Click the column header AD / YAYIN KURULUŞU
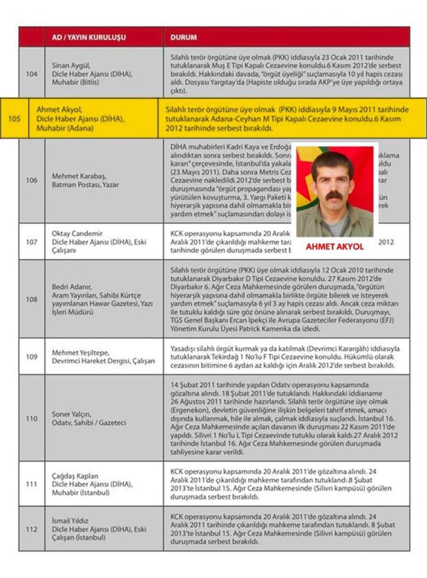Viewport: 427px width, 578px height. tap(89, 37)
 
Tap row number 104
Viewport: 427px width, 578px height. tap(31, 74)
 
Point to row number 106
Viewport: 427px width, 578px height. tap(31, 180)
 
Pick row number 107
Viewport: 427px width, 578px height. tap(31, 241)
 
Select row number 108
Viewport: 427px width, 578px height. tap(31, 299)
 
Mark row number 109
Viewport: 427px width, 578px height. tap(31, 356)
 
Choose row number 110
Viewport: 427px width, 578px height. tap(31, 419)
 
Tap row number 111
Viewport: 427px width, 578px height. tap(31, 484)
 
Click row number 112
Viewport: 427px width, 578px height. tap(31, 529)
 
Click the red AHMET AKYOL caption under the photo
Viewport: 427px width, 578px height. tap(334, 247)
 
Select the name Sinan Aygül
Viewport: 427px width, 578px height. tap(71, 65)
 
